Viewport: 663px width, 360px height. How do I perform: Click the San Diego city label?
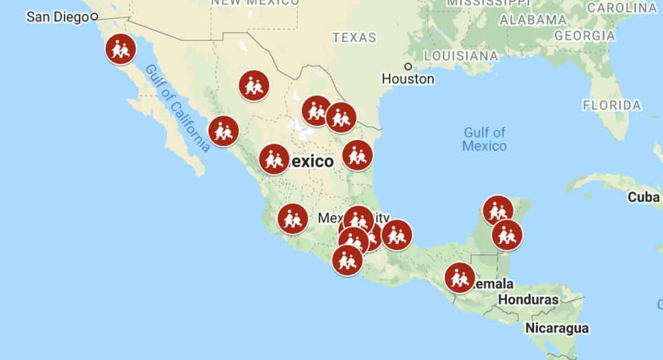57,17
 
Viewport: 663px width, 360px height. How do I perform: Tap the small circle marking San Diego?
94,17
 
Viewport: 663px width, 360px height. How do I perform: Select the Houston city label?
408,79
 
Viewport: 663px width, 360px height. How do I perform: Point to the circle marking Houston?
408,66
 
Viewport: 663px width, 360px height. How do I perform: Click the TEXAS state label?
354,38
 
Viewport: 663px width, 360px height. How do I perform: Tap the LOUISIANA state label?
461,56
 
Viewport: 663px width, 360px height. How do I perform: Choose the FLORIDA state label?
612,105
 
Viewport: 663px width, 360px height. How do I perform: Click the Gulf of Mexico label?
485,139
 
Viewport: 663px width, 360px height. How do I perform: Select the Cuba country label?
644,197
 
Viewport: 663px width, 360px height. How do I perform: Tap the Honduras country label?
528,300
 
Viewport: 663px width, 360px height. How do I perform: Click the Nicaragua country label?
557,328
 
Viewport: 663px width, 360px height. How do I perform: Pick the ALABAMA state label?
533,20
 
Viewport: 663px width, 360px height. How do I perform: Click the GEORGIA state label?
584,36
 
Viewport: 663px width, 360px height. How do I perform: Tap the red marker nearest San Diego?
120,49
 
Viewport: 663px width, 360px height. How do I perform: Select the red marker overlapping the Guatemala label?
459,278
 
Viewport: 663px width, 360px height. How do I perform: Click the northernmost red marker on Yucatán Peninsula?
498,210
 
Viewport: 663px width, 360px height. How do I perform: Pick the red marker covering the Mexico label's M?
274,159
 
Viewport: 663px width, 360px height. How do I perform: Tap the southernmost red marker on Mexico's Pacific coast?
347,261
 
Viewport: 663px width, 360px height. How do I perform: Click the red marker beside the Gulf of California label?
223,131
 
